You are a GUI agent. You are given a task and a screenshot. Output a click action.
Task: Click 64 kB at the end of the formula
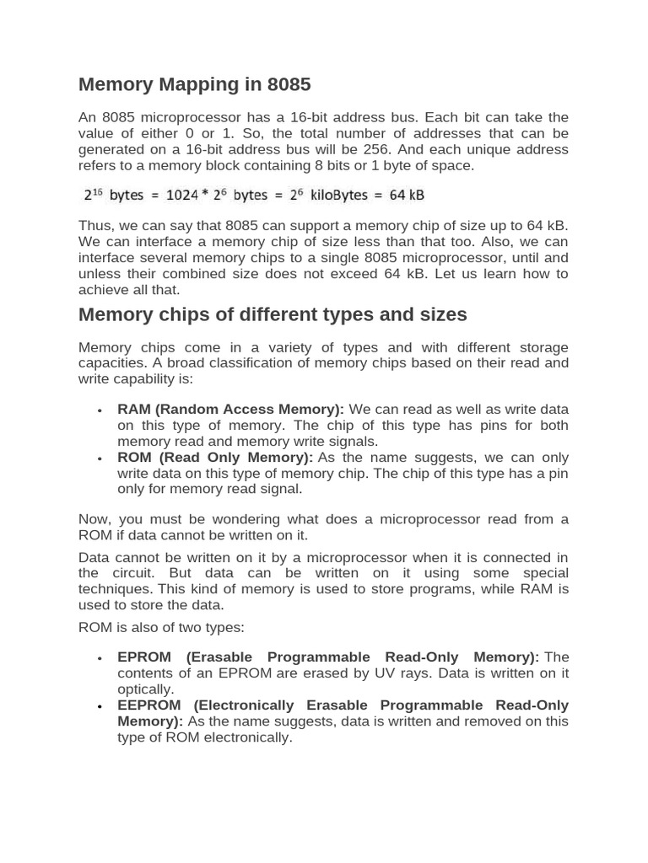[x=407, y=196]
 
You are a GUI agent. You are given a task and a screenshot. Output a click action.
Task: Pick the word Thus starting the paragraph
[x=94, y=226]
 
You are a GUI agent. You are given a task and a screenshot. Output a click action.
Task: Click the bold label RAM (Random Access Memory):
[x=230, y=410]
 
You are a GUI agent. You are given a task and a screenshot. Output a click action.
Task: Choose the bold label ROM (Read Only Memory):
[x=215, y=458]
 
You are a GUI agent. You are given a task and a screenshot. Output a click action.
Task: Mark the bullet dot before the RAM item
[x=100, y=410]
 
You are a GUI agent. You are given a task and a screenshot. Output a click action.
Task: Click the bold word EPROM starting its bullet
[x=144, y=657]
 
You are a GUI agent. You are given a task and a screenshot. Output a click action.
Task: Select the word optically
[x=145, y=689]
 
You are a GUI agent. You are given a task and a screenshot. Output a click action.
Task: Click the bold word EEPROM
[x=150, y=705]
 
